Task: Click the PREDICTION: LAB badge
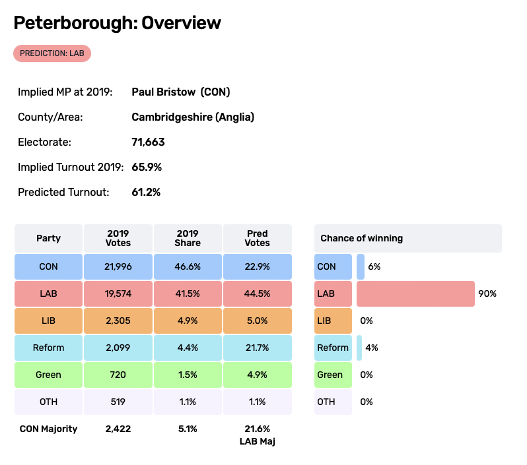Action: (52, 53)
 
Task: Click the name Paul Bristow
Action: (164, 92)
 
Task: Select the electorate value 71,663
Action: (148, 142)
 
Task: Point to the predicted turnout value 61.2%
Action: (147, 192)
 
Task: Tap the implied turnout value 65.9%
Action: (147, 167)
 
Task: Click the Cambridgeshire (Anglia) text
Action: (193, 117)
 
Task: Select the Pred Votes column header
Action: (257, 238)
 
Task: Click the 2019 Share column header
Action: (187, 238)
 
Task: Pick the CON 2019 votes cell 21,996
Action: (118, 266)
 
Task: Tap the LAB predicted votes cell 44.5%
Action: (257, 294)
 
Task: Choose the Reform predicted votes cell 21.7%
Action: (257, 348)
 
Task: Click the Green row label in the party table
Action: (49, 375)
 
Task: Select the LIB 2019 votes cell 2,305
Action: (118, 321)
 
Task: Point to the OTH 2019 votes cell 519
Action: (118, 402)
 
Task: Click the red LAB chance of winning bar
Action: (415, 294)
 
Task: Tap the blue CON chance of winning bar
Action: (360, 266)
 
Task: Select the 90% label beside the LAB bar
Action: (487, 294)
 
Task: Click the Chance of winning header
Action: (362, 238)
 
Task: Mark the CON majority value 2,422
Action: (118, 429)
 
